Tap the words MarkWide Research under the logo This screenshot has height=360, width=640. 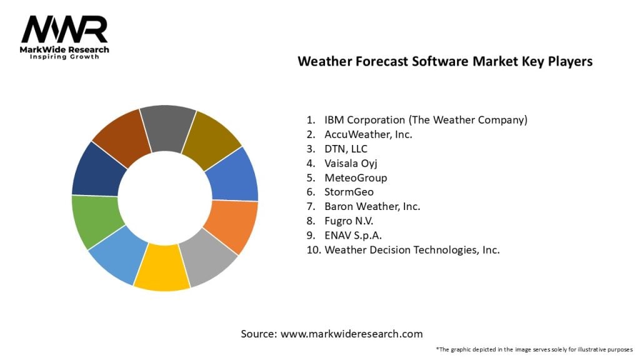click(x=64, y=49)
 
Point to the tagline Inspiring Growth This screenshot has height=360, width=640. click(x=64, y=57)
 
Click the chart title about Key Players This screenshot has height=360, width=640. click(x=444, y=61)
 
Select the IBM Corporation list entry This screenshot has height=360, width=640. click(x=426, y=119)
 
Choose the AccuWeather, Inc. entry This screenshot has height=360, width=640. click(x=368, y=134)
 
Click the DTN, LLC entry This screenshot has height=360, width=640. click(x=346, y=148)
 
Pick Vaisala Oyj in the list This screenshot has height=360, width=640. click(x=351, y=163)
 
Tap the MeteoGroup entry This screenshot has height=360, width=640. click(x=356, y=177)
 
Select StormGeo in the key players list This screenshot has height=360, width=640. click(x=349, y=192)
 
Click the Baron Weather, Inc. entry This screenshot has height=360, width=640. click(x=372, y=206)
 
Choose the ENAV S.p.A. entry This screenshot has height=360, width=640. click(x=352, y=235)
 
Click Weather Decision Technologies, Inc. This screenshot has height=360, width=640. click(x=411, y=249)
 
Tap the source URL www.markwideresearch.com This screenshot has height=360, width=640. click(x=351, y=334)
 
